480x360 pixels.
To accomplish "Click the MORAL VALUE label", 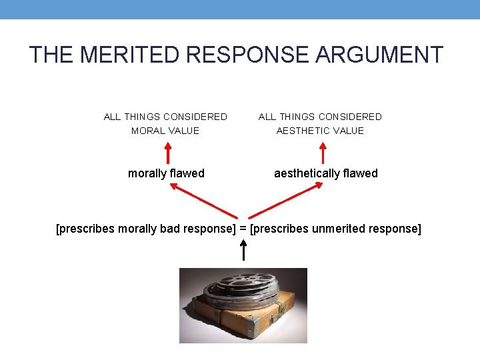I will pyautogui.click(x=165, y=131).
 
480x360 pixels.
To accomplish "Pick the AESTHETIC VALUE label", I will pyautogui.click(x=320, y=131).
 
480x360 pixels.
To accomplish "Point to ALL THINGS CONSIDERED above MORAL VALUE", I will pyautogui.click(x=165, y=117).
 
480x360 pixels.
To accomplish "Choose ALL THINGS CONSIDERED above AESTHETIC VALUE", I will pyautogui.click(x=320, y=117).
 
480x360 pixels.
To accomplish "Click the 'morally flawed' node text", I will pyautogui.click(x=166, y=173).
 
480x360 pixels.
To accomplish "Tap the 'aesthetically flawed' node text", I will pyautogui.click(x=326, y=173).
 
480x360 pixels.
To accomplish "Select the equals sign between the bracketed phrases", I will pyautogui.click(x=243, y=229).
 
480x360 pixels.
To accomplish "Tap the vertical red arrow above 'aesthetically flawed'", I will pyautogui.click(x=323, y=152).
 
